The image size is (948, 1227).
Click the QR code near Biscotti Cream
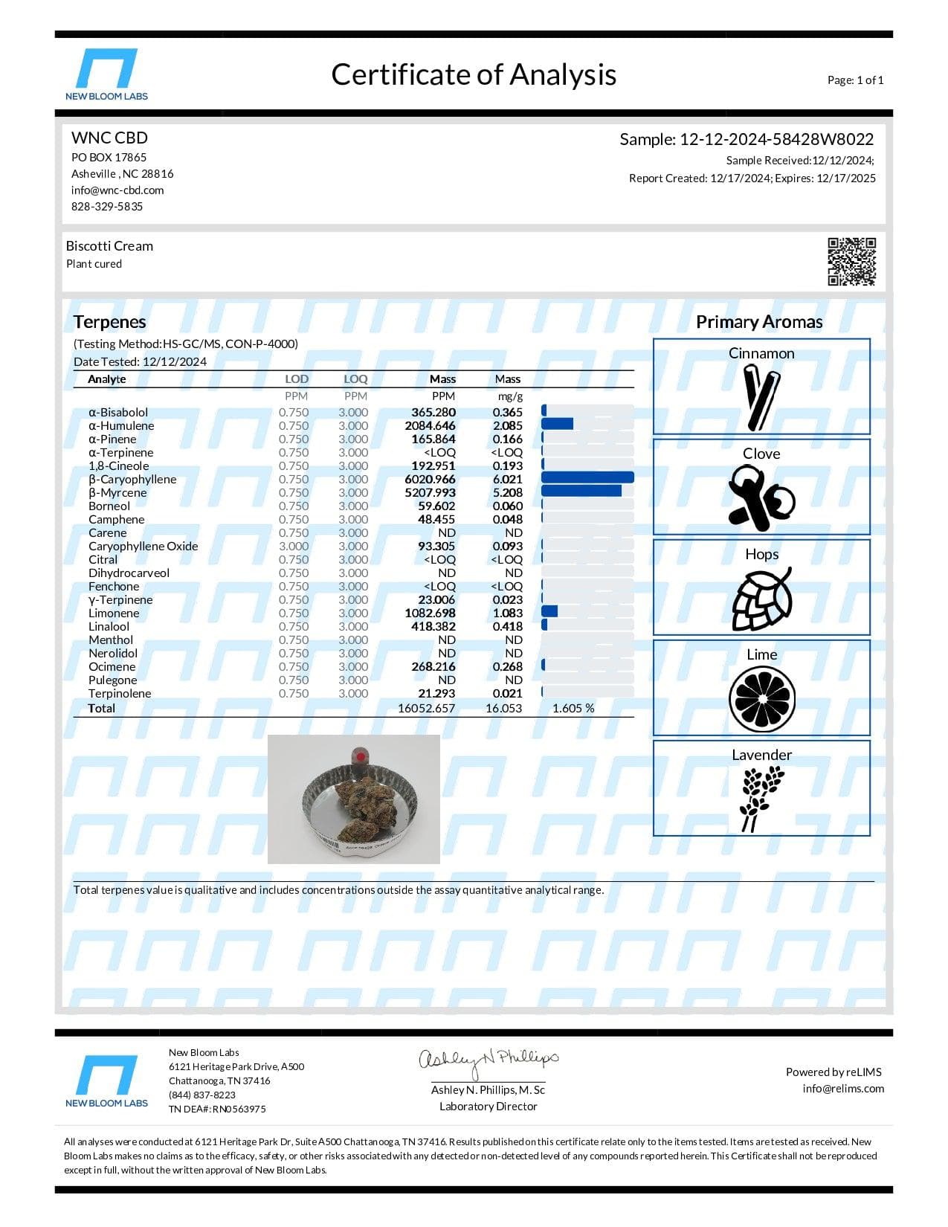click(x=851, y=261)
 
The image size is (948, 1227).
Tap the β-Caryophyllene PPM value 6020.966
click(x=431, y=480)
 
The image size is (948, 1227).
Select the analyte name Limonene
click(x=114, y=613)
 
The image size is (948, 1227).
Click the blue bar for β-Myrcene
click(x=581, y=492)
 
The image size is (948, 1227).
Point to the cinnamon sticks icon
click(x=761, y=398)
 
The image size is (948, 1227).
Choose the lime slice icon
click(x=761, y=699)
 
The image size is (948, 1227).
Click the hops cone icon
click(x=761, y=599)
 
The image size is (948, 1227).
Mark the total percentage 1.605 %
click(x=573, y=709)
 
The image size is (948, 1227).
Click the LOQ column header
click(x=355, y=379)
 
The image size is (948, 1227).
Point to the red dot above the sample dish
click(x=360, y=756)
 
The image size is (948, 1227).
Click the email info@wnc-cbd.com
click(x=117, y=190)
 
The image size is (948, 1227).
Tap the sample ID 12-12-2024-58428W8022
click(x=776, y=140)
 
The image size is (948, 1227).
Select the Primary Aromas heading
click(x=759, y=322)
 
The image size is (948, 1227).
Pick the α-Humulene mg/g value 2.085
click(x=508, y=426)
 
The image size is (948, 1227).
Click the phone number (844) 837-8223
click(x=202, y=1095)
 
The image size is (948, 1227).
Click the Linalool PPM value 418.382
click(x=433, y=627)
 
